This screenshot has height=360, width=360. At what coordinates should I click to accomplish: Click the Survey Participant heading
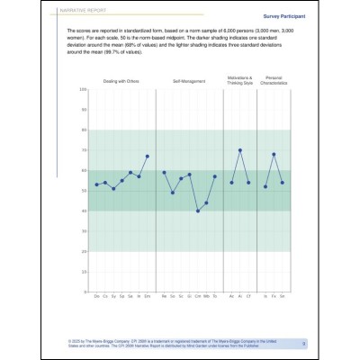(281, 16)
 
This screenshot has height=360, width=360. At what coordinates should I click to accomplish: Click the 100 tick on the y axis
(82, 89)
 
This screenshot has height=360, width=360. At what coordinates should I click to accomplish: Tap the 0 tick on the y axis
(84, 292)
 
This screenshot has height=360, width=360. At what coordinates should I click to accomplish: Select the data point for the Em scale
(148, 156)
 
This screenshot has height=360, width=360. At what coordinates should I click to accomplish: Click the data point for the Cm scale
(198, 211)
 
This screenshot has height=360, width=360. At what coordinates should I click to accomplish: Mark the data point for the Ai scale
(240, 150)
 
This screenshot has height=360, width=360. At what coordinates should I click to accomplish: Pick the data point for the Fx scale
(274, 154)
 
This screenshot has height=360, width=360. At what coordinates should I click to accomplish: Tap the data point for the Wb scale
(206, 202)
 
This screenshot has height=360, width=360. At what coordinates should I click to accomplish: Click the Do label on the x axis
(97, 295)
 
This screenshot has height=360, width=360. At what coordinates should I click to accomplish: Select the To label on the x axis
(215, 295)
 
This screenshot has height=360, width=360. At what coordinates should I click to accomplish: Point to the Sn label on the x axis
(173, 295)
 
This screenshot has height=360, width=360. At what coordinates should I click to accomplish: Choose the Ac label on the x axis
(232, 295)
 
